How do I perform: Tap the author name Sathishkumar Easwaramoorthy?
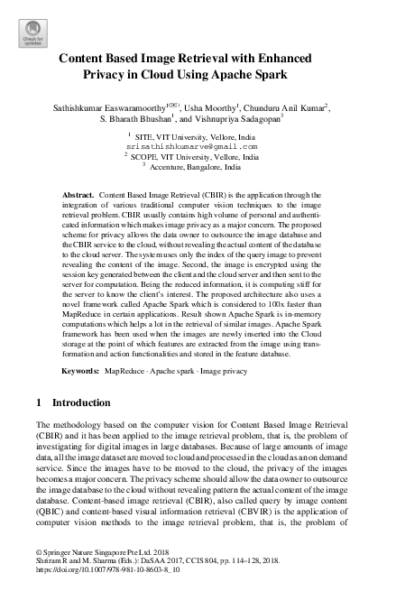click(107, 107)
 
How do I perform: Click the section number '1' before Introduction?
click(38, 401)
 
